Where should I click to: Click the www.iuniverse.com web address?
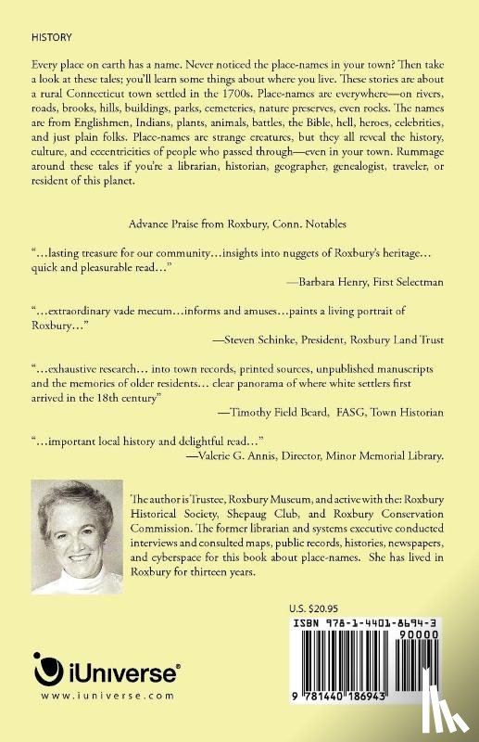click(x=93, y=694)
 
